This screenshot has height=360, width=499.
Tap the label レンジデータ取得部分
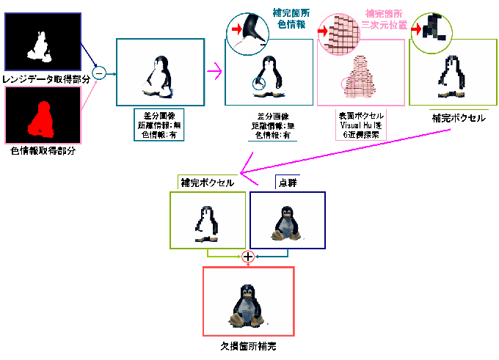[41, 78]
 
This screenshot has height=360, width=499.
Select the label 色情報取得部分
[43, 150]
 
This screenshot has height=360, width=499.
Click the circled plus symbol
[248, 257]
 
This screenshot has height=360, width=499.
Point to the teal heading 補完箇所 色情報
[291, 19]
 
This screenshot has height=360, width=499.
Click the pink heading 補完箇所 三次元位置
[386, 19]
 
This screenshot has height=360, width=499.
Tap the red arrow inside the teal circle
[237, 29]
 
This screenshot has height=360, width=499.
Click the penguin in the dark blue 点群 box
[284, 221]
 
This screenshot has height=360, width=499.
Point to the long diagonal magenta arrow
[345, 152]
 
